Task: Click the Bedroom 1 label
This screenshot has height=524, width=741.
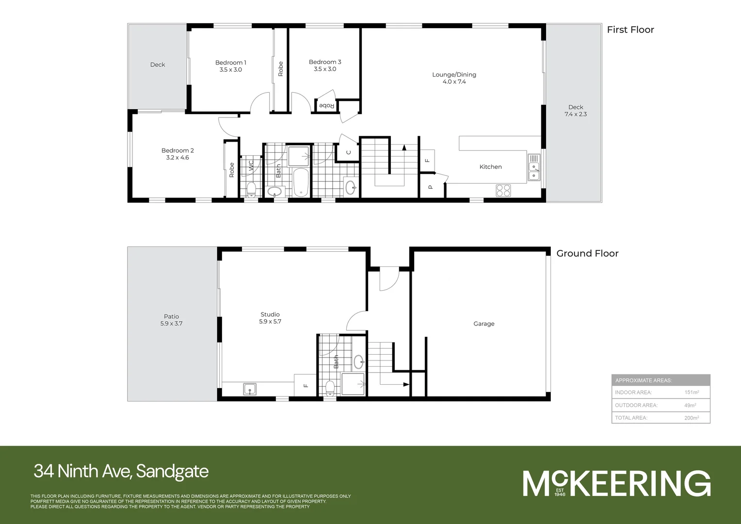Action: [230, 63]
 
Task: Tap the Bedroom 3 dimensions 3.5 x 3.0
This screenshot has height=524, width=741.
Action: [325, 69]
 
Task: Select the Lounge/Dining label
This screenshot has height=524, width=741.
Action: [454, 75]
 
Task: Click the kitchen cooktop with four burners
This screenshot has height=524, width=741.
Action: [503, 190]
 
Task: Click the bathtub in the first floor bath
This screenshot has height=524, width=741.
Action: [301, 182]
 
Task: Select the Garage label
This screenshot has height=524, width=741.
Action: [483, 324]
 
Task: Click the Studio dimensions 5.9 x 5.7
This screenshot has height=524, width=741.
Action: [270, 322]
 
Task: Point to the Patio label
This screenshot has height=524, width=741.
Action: [171, 316]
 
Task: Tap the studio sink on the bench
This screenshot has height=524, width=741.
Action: [250, 389]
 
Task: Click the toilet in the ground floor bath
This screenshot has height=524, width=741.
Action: [330, 388]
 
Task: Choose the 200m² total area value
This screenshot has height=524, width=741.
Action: [691, 418]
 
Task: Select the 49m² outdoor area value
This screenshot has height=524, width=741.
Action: [690, 405]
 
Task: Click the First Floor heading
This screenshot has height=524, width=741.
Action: [630, 30]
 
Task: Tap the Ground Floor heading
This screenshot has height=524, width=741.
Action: [587, 253]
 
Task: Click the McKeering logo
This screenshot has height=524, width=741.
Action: [616, 483]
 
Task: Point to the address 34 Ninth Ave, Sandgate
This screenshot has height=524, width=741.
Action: [121, 471]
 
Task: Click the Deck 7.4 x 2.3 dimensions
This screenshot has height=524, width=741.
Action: [576, 115]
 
